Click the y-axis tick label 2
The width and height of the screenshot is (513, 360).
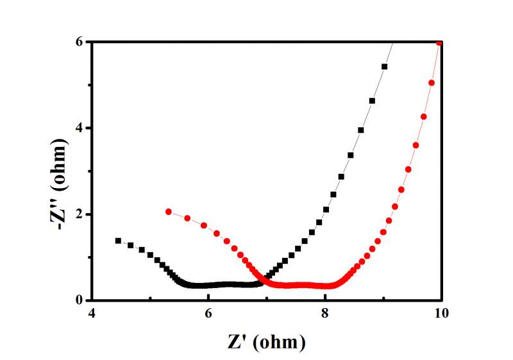81,214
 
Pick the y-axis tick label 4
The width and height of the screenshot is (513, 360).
81,128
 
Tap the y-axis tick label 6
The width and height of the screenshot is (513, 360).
81,42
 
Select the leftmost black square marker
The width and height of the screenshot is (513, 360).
118,241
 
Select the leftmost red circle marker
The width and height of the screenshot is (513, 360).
169,212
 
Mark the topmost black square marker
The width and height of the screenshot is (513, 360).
385,67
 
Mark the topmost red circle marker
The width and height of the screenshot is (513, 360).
439,43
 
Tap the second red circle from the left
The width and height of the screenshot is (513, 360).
187,218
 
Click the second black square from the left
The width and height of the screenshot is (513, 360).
130,245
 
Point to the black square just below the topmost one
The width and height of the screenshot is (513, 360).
372,101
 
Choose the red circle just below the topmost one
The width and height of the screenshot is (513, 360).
432,83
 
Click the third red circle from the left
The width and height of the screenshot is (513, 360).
204,225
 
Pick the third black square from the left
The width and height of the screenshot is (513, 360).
142,250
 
